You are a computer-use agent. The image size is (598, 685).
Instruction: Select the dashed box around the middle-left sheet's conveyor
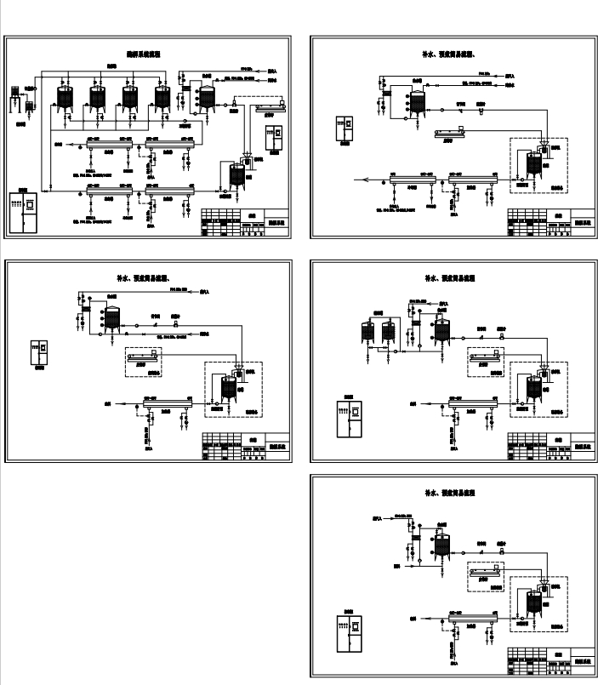click(144, 360)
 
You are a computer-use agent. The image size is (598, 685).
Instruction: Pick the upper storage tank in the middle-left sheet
click(110, 318)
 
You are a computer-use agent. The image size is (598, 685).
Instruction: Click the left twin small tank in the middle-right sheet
click(369, 330)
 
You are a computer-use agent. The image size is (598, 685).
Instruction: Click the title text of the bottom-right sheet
click(448, 493)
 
